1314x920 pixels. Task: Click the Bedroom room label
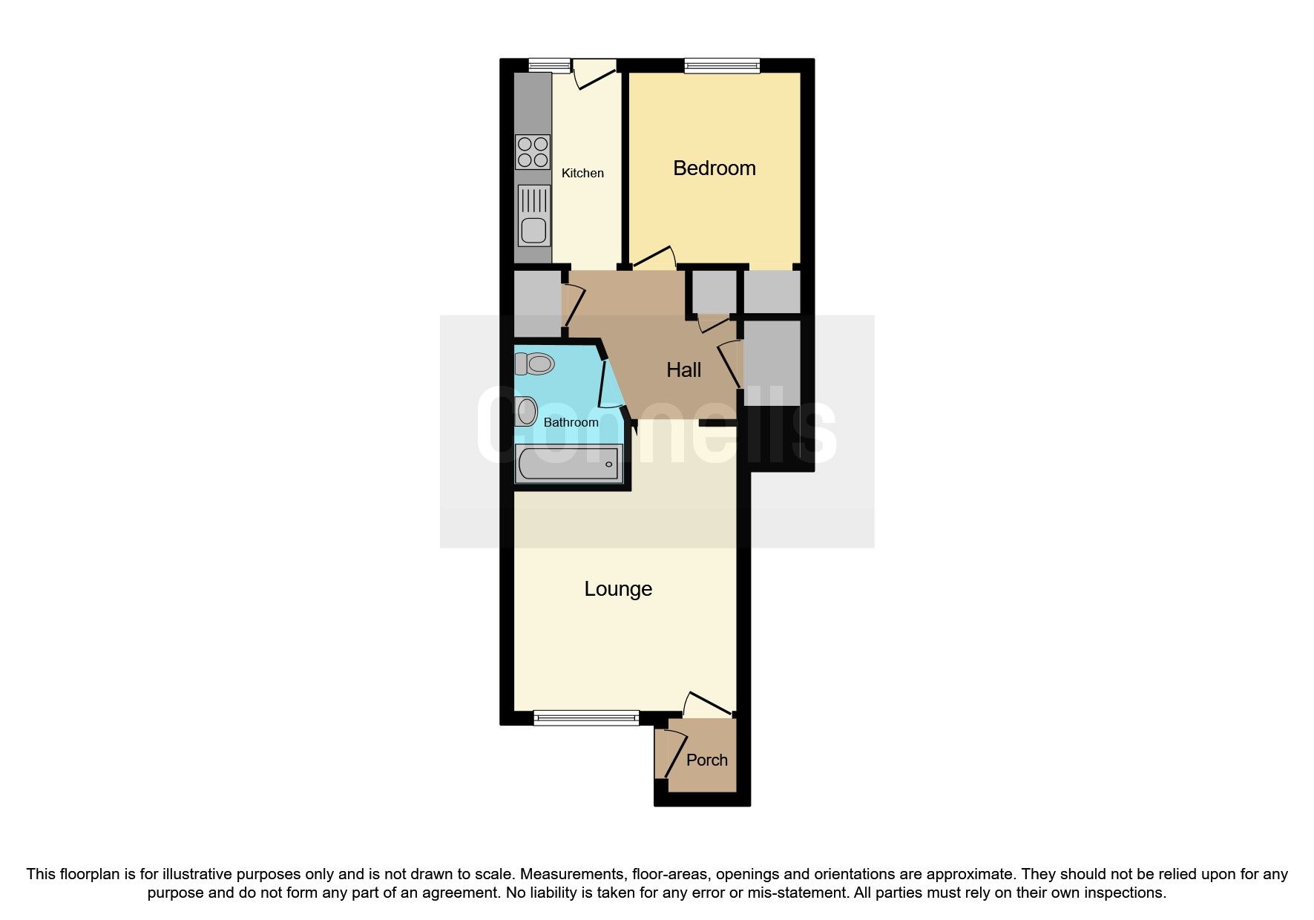(x=714, y=168)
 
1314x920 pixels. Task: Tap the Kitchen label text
(x=582, y=173)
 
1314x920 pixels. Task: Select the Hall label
(x=683, y=369)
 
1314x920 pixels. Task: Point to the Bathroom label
(x=571, y=422)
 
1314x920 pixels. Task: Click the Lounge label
(x=618, y=589)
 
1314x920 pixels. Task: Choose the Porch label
(x=706, y=760)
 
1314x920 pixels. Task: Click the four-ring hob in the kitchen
(x=533, y=152)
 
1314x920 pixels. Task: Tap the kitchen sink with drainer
(x=533, y=214)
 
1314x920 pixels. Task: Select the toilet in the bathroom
(x=535, y=364)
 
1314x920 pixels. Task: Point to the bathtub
(x=568, y=464)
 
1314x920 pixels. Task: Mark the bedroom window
(x=723, y=66)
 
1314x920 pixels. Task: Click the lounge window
(x=586, y=717)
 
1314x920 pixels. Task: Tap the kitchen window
(x=549, y=66)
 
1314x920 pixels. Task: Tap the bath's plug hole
(x=609, y=465)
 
